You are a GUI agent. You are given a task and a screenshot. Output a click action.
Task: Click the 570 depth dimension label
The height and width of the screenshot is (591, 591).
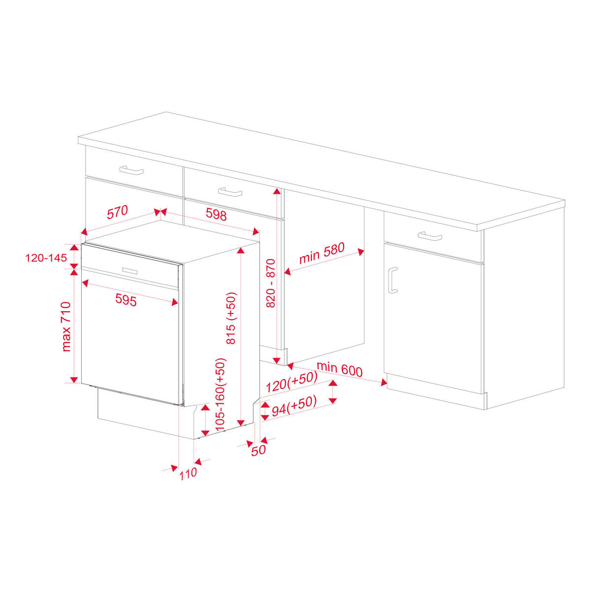tap(118, 212)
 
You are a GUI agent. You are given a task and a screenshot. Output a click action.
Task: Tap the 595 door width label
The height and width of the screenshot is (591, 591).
tap(126, 299)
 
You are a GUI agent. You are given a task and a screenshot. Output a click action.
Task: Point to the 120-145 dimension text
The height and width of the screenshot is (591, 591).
tap(46, 257)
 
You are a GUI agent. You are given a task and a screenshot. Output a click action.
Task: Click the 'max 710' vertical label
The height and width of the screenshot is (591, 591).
tap(66, 327)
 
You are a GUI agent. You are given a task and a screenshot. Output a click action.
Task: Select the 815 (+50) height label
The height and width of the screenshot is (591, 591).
tap(231, 318)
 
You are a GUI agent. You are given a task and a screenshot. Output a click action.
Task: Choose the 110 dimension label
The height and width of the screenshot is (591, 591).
tap(188, 474)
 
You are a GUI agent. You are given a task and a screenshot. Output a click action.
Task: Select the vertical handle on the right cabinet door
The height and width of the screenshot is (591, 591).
tap(392, 280)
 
